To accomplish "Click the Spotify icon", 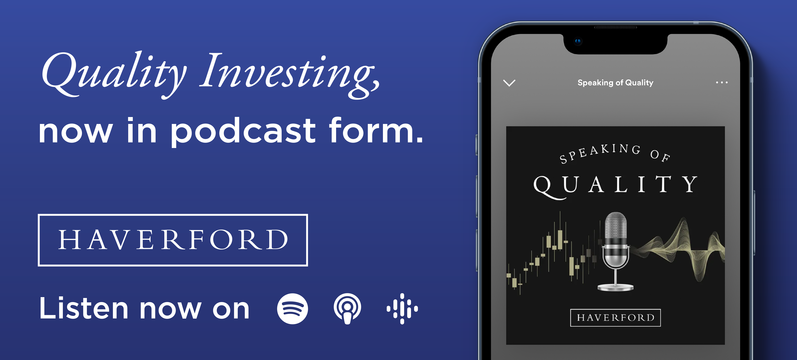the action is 292,309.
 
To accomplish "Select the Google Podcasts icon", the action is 402,309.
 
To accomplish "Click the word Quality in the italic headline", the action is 114,74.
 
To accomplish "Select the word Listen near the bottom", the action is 84,308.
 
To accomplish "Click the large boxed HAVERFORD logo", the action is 173,240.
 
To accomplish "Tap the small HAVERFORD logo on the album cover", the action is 615,318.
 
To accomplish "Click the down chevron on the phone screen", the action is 509,83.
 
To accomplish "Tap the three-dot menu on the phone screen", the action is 722,82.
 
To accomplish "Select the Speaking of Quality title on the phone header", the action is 615,83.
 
